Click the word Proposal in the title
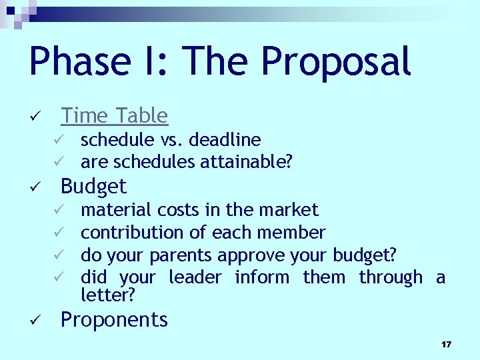point(335,62)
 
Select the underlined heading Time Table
point(115,116)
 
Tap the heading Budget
point(93,186)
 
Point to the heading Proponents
point(114,320)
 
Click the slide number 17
point(446,345)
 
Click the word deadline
point(225,139)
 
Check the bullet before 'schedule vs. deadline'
point(58,140)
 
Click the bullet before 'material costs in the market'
point(58,211)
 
